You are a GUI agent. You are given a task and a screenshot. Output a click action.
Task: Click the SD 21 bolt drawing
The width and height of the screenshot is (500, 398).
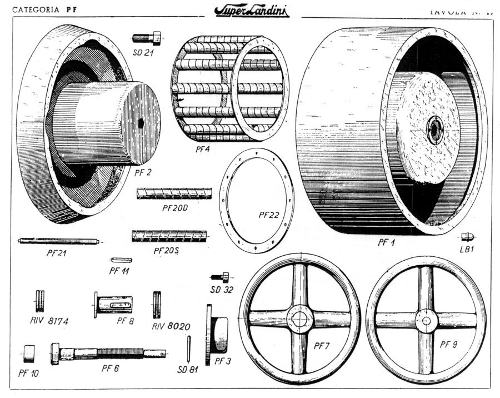[x=147, y=38]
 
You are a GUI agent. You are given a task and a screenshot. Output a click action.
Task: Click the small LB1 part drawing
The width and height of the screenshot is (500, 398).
[x=466, y=236]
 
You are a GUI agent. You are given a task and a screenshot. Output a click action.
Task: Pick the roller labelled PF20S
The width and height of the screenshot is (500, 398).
[x=169, y=236]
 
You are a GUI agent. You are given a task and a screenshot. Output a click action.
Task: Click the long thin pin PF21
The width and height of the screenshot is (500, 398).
[x=58, y=241]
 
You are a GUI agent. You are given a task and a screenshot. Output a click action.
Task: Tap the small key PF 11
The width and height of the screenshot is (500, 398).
[x=121, y=260]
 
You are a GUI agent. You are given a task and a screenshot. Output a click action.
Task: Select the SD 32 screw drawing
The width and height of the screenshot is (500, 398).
[x=219, y=276]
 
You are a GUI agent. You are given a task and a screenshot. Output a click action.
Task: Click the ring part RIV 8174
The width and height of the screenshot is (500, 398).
[x=40, y=302]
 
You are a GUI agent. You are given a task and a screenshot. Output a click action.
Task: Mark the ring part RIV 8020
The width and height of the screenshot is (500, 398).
[x=157, y=304]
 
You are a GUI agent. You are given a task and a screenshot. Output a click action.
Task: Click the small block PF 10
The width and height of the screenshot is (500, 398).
[x=29, y=352]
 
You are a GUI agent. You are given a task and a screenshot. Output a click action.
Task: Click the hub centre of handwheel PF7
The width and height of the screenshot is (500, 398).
[x=301, y=319]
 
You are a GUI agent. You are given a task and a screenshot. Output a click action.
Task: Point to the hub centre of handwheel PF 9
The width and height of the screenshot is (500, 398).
[x=426, y=320]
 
